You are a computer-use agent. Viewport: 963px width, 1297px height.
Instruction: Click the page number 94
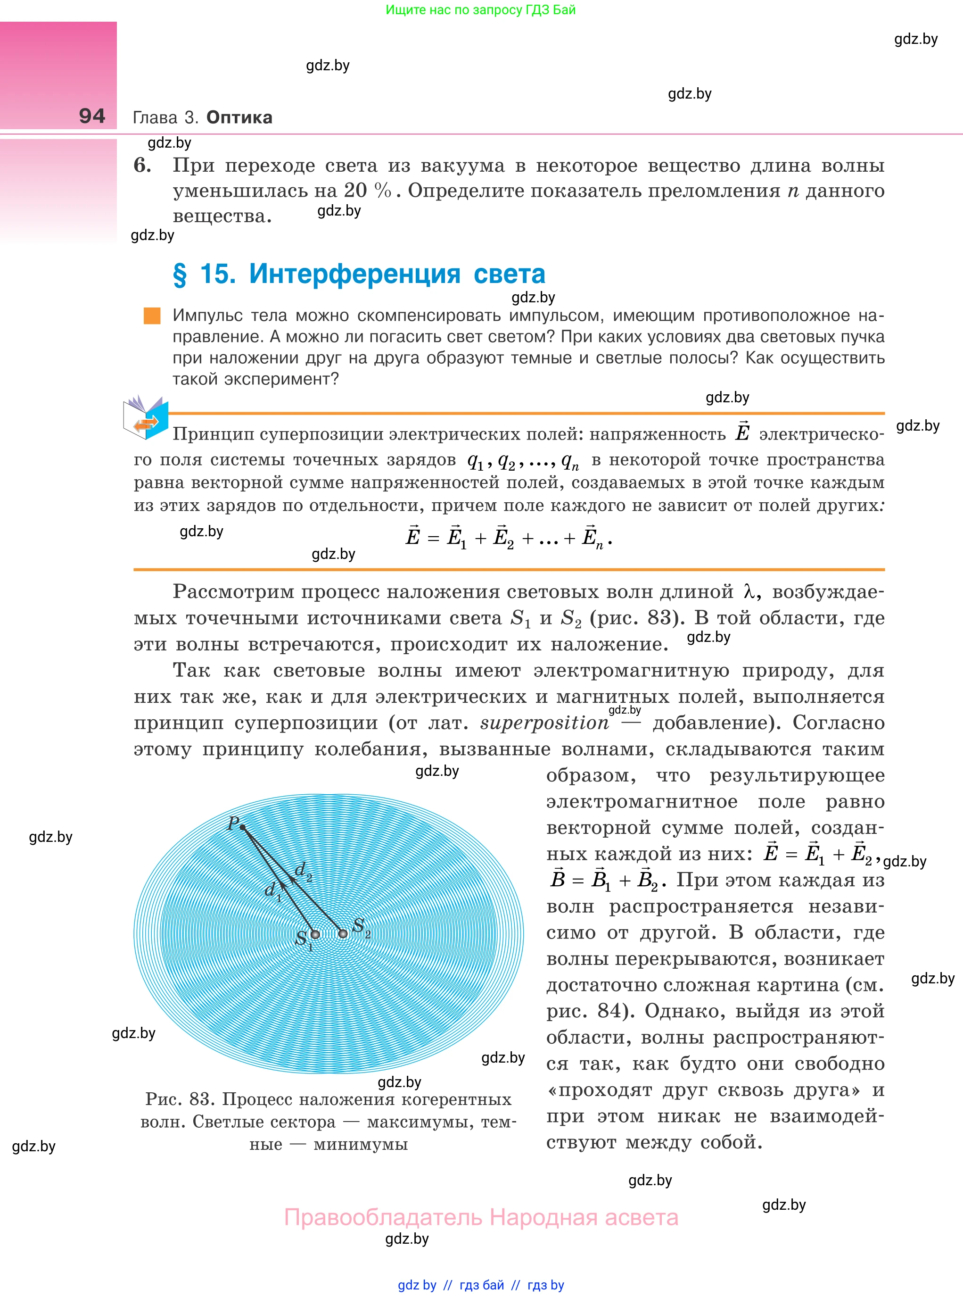click(92, 116)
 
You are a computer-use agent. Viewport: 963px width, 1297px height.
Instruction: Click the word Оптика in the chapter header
click(239, 117)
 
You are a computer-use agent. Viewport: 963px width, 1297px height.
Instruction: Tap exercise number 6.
click(142, 165)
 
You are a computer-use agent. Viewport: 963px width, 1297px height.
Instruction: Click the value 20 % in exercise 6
click(367, 191)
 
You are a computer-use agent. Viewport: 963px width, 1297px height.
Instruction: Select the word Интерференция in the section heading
click(354, 274)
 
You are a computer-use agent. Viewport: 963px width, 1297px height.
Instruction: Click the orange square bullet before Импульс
click(152, 316)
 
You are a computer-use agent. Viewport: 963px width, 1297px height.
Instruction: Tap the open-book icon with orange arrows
click(145, 418)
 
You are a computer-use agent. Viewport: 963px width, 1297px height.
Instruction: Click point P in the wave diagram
click(242, 826)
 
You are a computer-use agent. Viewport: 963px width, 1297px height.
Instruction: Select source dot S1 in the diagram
click(315, 934)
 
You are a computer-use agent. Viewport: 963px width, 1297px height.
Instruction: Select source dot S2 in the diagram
click(343, 933)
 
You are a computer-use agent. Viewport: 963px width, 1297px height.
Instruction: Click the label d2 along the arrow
click(303, 871)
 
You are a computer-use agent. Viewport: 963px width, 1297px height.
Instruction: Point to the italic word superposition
click(544, 723)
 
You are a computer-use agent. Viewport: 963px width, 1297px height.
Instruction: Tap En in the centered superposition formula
click(592, 538)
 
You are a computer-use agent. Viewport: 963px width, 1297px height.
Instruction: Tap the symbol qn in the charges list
click(570, 462)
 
